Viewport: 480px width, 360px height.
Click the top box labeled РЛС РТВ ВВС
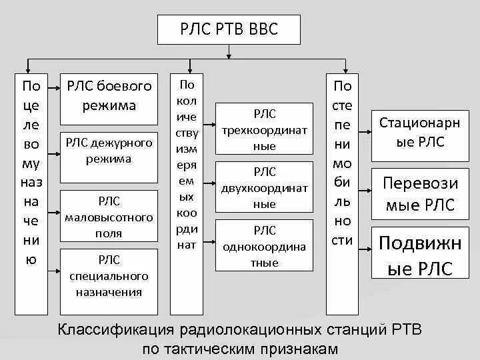pyautogui.click(x=229, y=30)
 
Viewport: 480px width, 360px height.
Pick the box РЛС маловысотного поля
pyautogui.click(x=109, y=216)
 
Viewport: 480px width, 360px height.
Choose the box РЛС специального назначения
pyautogui.click(x=109, y=275)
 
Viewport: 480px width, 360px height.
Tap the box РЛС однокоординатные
pyautogui.click(x=265, y=245)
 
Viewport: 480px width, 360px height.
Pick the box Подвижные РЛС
pyautogui.click(x=420, y=255)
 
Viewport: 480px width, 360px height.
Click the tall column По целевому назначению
pyautogui.click(x=31, y=193)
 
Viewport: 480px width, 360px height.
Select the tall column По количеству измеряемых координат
pyautogui.click(x=187, y=193)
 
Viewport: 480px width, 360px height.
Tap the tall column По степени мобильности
pyautogui.click(x=342, y=193)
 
